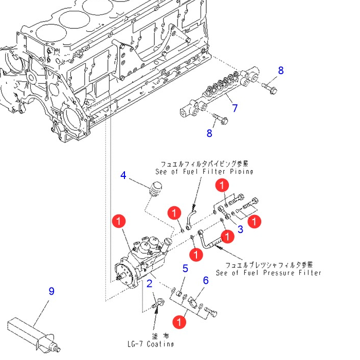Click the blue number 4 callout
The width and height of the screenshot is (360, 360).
(x=123, y=175)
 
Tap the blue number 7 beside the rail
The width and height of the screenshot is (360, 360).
(x=235, y=109)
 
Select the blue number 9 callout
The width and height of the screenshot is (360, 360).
(x=51, y=291)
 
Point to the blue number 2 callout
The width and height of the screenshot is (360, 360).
(x=150, y=283)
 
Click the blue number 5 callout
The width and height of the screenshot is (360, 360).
(x=185, y=268)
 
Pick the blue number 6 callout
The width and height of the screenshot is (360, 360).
(x=206, y=280)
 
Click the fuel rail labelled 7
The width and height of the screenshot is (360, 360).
(x=219, y=93)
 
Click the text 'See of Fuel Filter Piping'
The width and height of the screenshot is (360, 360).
(x=204, y=171)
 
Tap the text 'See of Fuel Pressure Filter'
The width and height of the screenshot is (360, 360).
(x=268, y=273)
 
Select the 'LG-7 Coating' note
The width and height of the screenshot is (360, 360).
(x=151, y=344)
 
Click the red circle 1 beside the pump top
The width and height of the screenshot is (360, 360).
(x=119, y=222)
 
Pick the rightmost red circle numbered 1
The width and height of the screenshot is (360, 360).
(x=255, y=221)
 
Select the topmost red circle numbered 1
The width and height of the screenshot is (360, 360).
(x=222, y=185)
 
